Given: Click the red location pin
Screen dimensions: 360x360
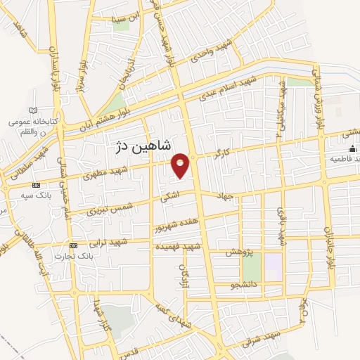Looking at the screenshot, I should [x=181, y=165].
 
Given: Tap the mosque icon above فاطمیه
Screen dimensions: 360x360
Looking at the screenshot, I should [x=353, y=149].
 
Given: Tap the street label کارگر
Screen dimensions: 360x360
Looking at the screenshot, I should [x=224, y=152].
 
